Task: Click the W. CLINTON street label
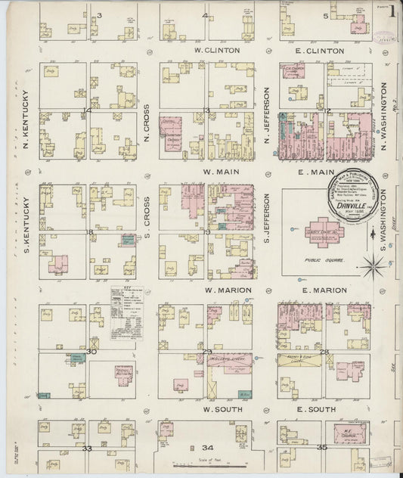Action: pyautogui.click(x=217, y=51)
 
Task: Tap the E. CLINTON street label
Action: pyautogui.click(x=320, y=51)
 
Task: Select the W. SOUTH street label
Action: pyautogui.click(x=216, y=409)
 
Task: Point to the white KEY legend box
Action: pyautogui.click(x=126, y=315)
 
